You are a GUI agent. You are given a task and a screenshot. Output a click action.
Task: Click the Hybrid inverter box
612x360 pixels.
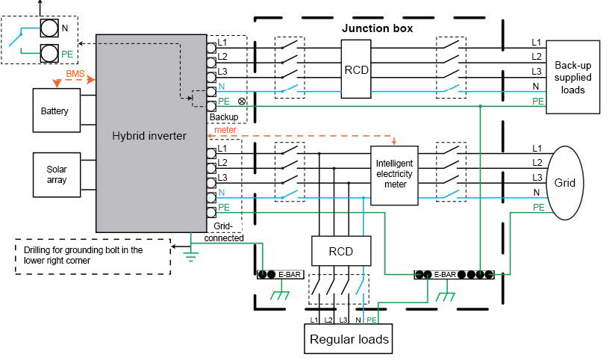coord(151,134)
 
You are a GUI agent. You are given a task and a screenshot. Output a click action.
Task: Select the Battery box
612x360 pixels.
coord(54,111)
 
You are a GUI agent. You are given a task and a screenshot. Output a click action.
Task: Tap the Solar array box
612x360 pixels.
coord(54,175)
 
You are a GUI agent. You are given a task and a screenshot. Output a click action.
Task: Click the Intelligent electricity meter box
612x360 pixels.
coord(394,173)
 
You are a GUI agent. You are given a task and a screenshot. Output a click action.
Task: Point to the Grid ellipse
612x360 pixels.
coord(569,181)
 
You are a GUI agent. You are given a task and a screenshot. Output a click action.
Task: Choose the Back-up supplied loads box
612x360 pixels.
coord(573,77)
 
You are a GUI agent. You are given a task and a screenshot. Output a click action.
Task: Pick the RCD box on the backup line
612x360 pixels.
coord(356,70)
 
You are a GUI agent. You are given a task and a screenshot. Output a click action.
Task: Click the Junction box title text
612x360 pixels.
coord(377,28)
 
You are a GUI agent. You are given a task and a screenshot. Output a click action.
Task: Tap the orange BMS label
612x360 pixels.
coord(75,74)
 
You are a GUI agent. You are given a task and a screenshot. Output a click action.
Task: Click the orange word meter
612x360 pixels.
coord(225,130)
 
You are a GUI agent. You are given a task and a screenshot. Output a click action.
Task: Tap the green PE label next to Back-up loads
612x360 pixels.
coord(537,101)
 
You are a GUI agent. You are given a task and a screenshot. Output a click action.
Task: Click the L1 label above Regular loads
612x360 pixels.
coord(314,320)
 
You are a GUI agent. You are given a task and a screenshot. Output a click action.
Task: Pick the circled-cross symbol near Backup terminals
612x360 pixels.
coord(241,101)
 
